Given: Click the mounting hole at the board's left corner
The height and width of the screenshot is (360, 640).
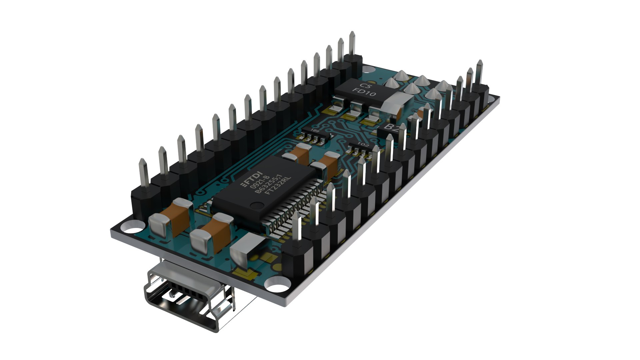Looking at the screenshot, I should tap(132, 229).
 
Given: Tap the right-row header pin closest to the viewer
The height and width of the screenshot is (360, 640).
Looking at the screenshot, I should tap(297, 227).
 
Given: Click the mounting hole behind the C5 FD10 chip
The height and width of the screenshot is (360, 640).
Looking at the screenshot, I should tap(369, 70).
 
